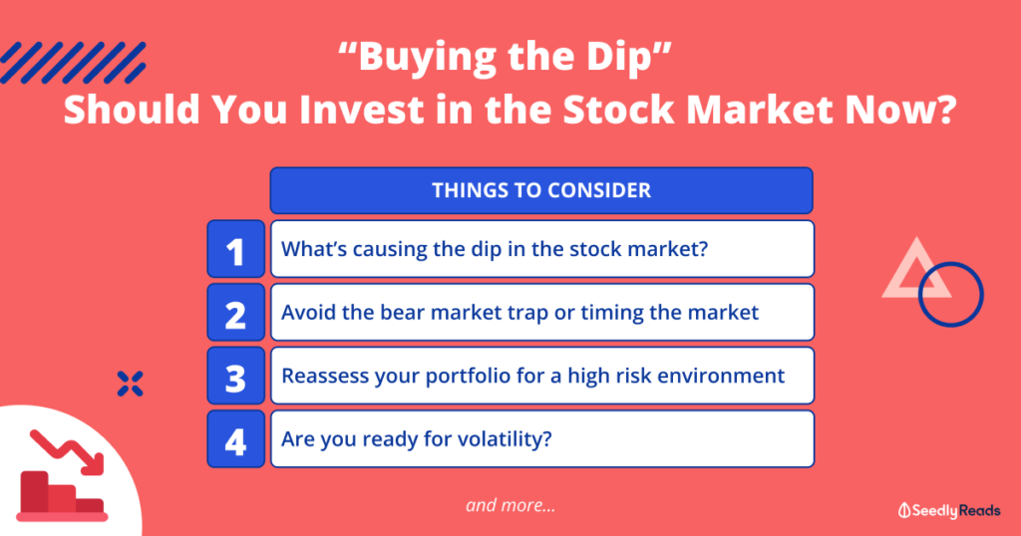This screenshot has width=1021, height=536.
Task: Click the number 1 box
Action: [235, 249]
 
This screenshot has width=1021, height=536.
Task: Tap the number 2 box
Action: [235, 312]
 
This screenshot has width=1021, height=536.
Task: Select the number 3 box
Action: [235, 376]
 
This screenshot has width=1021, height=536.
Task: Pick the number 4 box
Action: [235, 438]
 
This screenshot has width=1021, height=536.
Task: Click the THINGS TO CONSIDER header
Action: [541, 190]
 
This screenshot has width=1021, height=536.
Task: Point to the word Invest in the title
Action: [362, 110]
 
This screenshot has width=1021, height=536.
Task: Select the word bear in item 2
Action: [402, 312]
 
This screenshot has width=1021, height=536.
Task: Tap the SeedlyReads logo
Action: [949, 511]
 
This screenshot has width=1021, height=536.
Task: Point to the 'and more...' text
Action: [510, 505]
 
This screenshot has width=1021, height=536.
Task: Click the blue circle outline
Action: [920, 295]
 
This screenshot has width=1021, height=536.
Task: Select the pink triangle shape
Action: [898, 282]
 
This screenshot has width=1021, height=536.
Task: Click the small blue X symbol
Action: [131, 384]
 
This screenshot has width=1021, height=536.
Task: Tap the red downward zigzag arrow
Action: [67, 450]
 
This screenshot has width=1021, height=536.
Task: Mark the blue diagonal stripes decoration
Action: [73, 63]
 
